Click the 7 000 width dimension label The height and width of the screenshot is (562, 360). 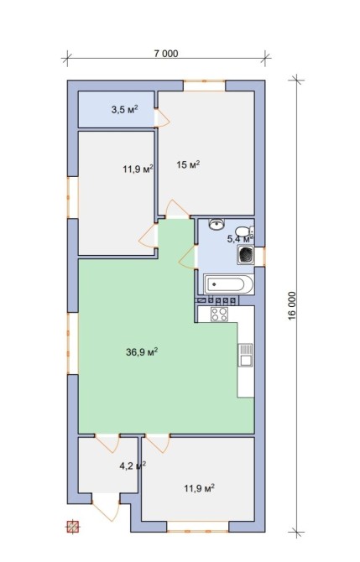pyautogui.click(x=165, y=54)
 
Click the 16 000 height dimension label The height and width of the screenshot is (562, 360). pyautogui.click(x=293, y=305)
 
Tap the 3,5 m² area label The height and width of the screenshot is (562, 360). pyautogui.click(x=125, y=110)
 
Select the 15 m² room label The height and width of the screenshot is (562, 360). pyautogui.click(x=188, y=165)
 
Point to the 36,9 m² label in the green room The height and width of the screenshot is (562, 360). pyautogui.click(x=142, y=352)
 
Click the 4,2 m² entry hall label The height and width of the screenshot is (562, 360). pyautogui.click(x=133, y=466)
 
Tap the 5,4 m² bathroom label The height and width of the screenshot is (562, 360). pyautogui.click(x=240, y=238)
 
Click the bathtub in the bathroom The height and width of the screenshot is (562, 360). pyautogui.click(x=228, y=285)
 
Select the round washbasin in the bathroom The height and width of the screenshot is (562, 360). pyautogui.click(x=217, y=224)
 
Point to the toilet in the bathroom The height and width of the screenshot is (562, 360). pyautogui.click(x=244, y=231)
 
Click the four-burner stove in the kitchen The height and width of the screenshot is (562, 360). pyautogui.click(x=219, y=315)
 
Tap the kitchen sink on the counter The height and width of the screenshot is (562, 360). pyautogui.click(x=246, y=355)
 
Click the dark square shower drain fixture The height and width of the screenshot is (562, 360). pyautogui.click(x=245, y=255)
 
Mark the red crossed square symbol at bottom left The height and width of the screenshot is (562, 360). pyautogui.click(x=73, y=527)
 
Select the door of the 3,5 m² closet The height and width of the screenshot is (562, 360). pyautogui.click(x=162, y=118)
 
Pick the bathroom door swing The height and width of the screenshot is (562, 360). pyautogui.click(x=188, y=257)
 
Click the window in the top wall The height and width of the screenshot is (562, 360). pyautogui.click(x=205, y=86)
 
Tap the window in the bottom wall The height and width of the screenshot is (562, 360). pyautogui.click(x=197, y=527)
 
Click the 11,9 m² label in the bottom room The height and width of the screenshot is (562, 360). pyautogui.click(x=200, y=488)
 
